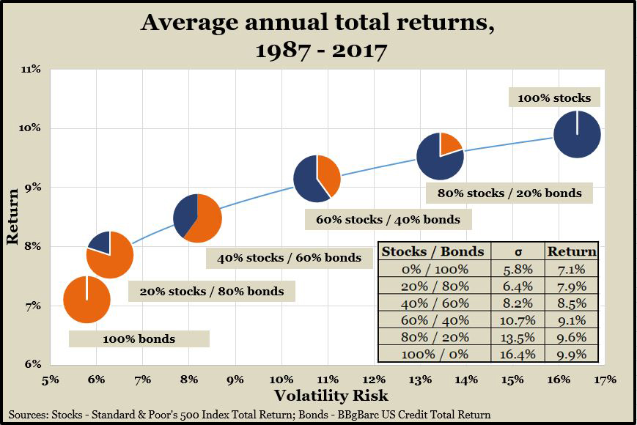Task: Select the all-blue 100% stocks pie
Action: [577, 134]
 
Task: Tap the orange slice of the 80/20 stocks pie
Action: [449, 144]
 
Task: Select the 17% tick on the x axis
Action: [605, 380]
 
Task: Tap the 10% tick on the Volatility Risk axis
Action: [281, 380]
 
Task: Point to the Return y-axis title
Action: [12, 218]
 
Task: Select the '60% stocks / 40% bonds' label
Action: [388, 219]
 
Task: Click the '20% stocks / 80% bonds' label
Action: [211, 291]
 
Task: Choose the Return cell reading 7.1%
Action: [572, 268]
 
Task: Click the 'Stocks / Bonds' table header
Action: [432, 251]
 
